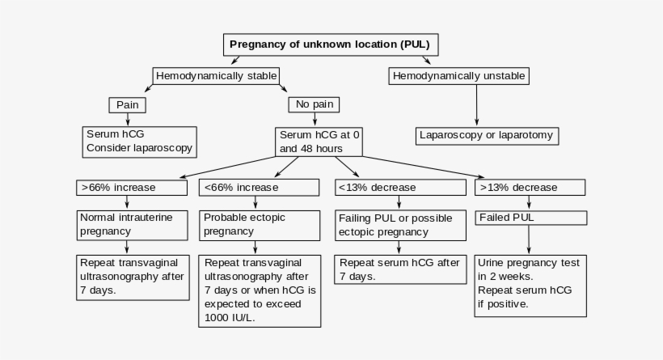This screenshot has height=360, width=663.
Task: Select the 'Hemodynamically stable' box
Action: (217, 76)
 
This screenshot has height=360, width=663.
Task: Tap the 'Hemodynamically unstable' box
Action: (459, 76)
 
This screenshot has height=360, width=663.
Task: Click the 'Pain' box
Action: (127, 104)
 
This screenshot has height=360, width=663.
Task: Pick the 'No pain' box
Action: (314, 104)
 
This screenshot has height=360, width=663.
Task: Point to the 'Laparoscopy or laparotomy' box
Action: (487, 135)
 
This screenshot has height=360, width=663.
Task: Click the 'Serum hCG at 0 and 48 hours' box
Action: (319, 142)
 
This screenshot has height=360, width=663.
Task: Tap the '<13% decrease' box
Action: (400, 187)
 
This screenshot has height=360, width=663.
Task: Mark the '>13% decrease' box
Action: (530, 187)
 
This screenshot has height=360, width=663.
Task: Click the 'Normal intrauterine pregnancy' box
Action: (128, 224)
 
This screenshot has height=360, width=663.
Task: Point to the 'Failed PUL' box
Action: (530, 218)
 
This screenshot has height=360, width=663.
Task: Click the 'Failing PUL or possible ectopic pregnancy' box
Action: (400, 225)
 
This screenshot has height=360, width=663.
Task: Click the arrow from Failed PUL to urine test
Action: (530, 239)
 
